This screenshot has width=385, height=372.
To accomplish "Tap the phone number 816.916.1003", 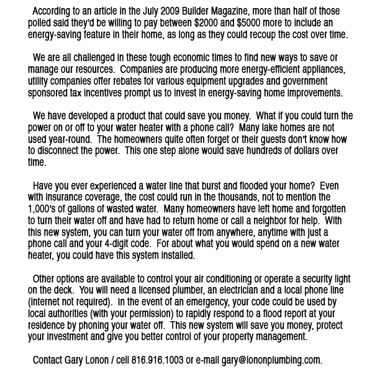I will click(x=157, y=360).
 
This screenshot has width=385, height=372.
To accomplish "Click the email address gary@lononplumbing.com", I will click(x=271, y=360).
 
